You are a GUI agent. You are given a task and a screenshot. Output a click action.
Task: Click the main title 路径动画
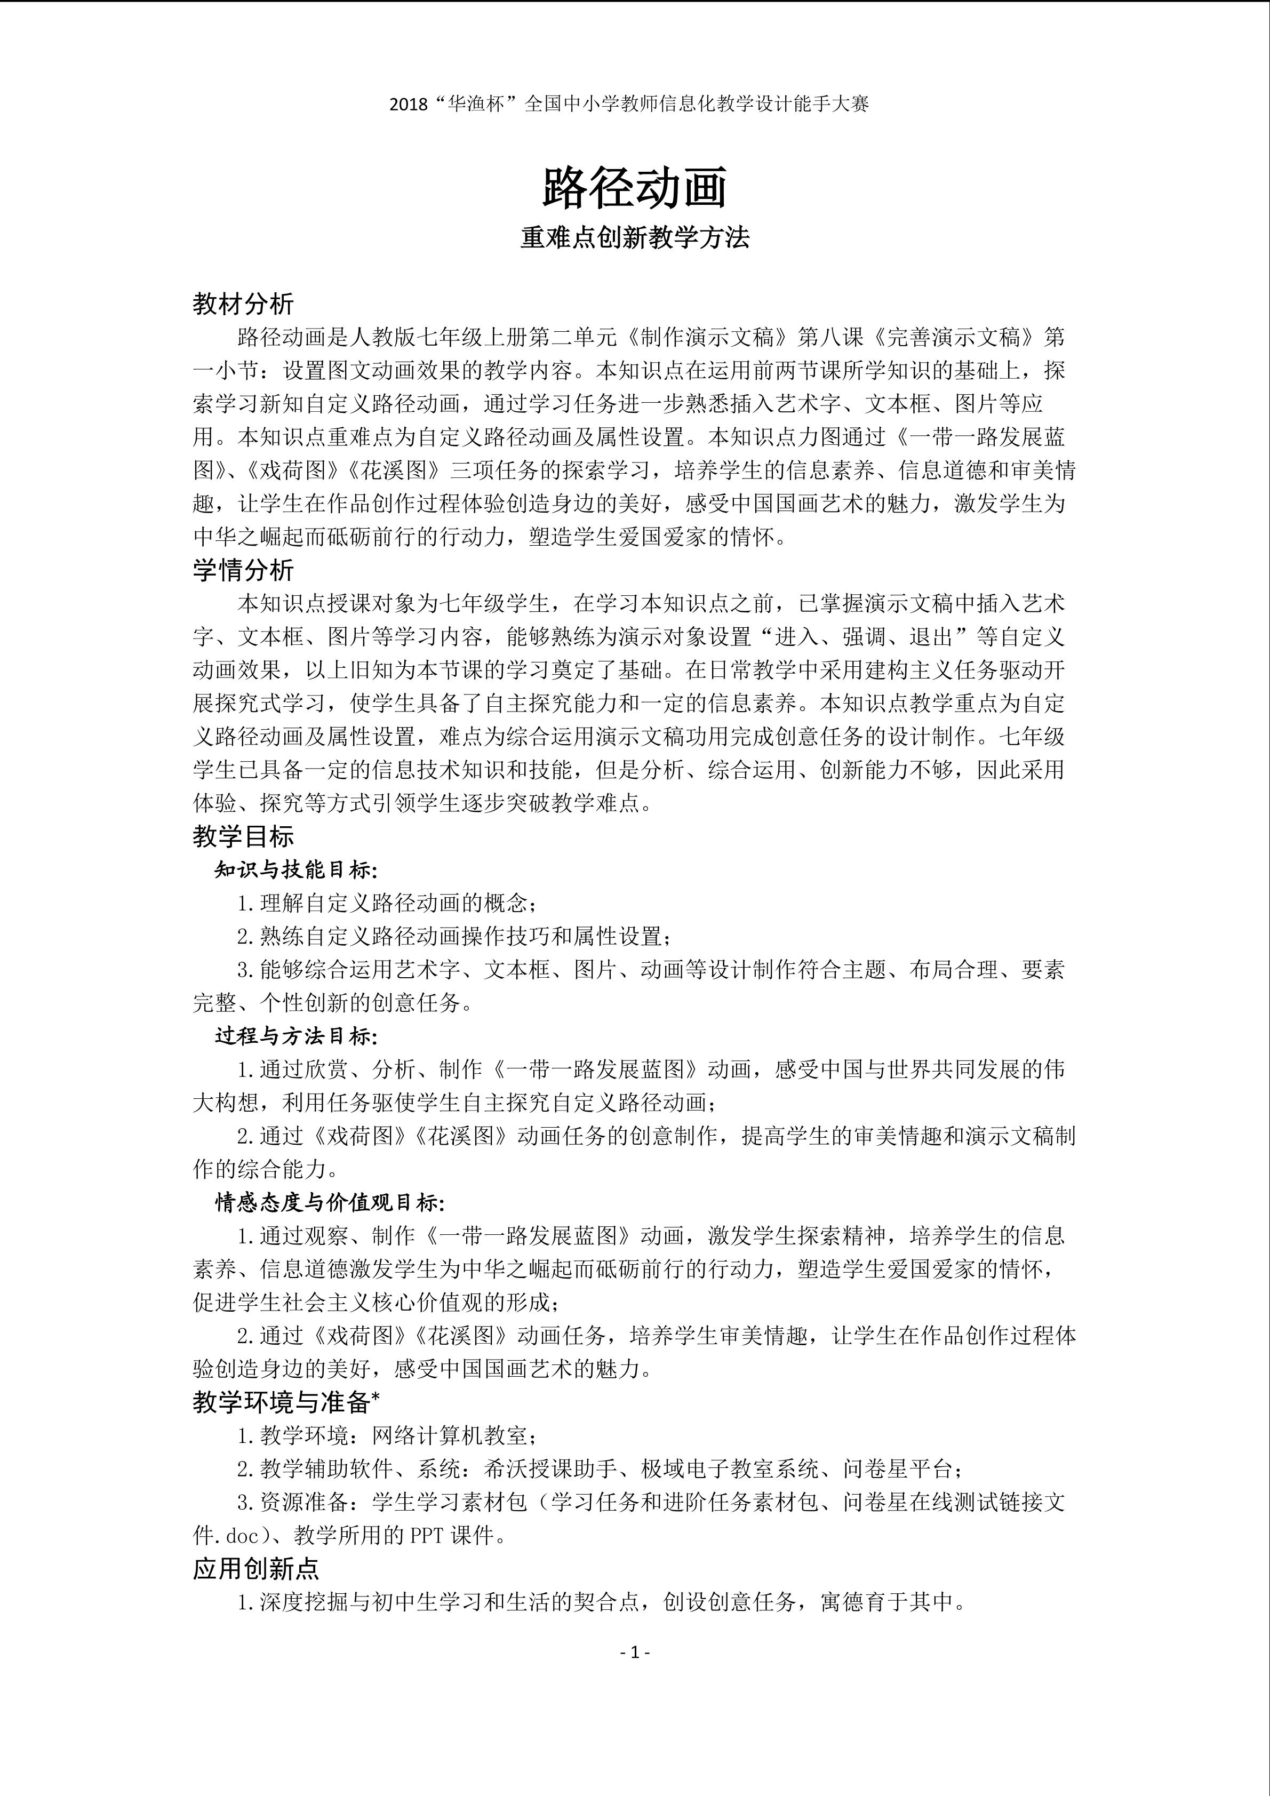point(634,188)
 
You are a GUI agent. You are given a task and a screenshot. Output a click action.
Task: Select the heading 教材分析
point(243,304)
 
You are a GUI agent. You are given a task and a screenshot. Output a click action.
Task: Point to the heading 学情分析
point(243,570)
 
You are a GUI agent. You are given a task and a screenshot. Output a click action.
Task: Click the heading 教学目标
point(243,837)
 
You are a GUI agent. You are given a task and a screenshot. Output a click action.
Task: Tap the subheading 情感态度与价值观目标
point(329,1203)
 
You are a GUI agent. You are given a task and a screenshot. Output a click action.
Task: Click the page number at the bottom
point(635,1652)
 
